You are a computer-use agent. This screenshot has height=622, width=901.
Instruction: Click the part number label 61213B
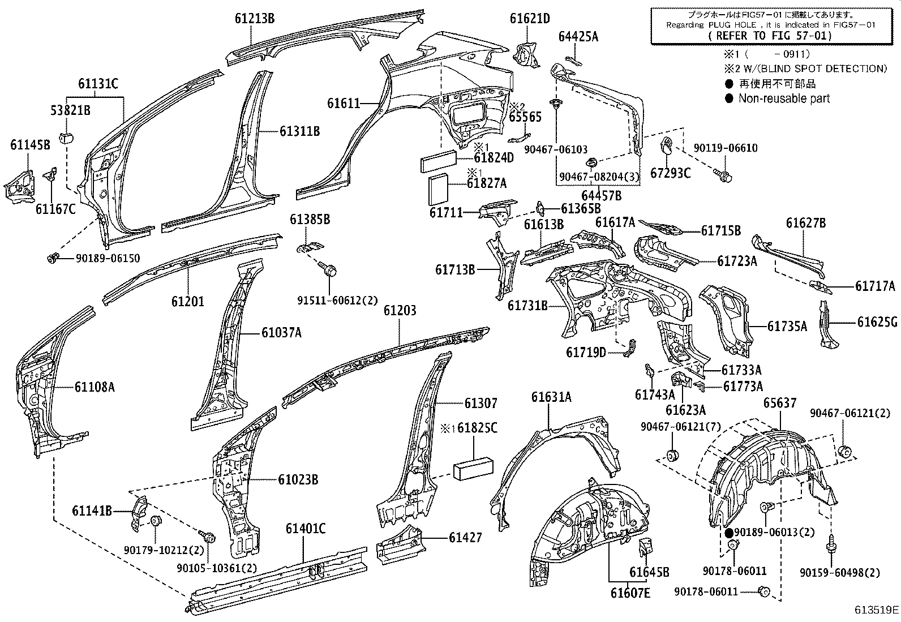[x=255, y=19]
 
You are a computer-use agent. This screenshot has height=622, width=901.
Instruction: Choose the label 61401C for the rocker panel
[x=305, y=529]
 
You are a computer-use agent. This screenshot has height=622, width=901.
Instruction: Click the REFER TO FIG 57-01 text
[x=770, y=36]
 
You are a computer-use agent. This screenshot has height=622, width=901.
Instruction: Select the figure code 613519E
[x=876, y=610]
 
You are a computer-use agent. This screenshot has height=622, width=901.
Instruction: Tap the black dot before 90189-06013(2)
[x=730, y=533]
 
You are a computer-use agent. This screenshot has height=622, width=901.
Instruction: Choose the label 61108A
[x=95, y=387]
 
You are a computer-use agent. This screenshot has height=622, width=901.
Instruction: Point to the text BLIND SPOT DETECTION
[x=829, y=68]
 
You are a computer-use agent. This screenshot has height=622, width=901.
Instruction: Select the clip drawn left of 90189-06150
[x=53, y=259]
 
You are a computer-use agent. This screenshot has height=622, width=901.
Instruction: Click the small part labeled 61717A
[x=821, y=287]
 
